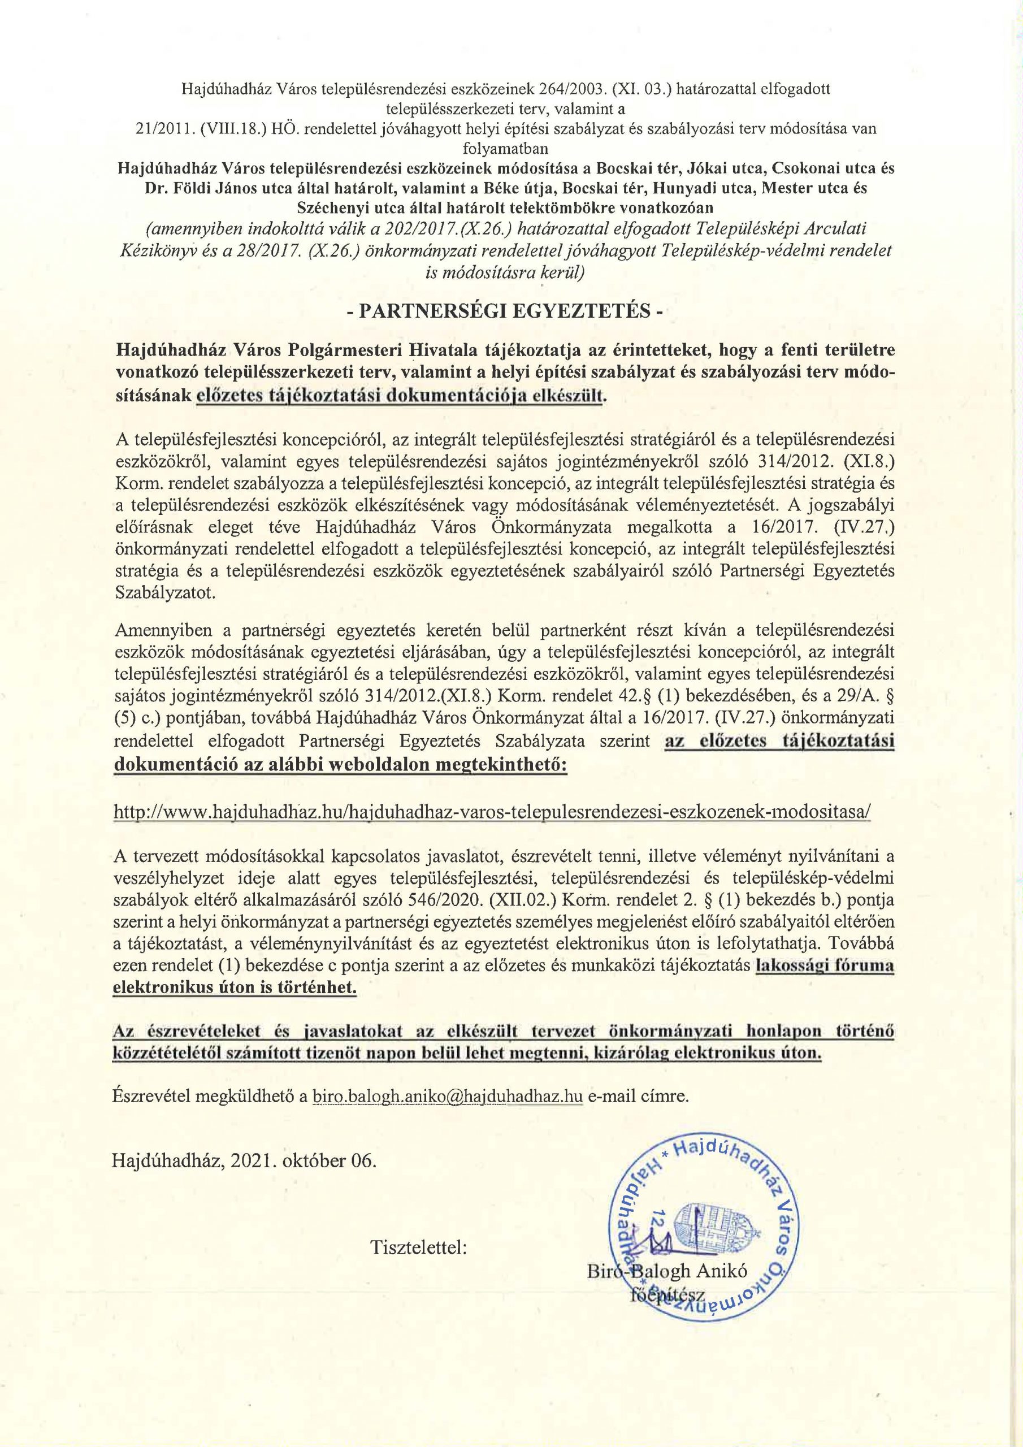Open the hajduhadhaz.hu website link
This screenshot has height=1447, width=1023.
491,811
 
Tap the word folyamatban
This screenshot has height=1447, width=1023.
505,149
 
